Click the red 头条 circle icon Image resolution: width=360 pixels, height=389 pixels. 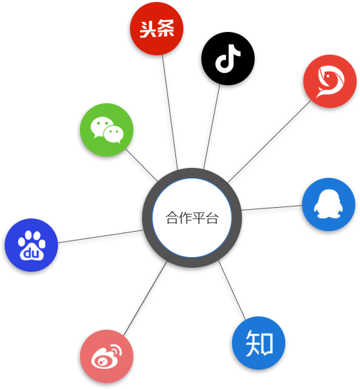(157, 29)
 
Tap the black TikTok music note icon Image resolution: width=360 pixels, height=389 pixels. (228, 59)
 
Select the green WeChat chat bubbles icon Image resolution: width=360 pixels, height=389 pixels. (107, 130)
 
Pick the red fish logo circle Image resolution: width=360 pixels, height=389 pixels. (330, 81)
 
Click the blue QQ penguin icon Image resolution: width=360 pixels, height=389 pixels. (329, 204)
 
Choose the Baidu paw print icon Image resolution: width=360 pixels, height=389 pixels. (31, 245)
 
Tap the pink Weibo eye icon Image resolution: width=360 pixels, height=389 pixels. (107, 356)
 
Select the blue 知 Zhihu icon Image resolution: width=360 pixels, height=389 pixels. (259, 343)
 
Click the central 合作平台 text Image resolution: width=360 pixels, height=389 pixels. (192, 218)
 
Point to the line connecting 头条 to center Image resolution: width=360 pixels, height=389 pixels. (170, 112)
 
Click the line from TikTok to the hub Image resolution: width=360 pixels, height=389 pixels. (211, 127)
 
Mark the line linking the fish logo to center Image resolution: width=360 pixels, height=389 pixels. (269, 141)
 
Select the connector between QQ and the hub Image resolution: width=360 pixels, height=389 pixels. (271, 208)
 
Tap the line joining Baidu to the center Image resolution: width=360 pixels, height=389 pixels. (101, 236)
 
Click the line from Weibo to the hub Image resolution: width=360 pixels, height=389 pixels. (145, 298)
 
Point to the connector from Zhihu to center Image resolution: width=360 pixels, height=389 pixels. (232, 290)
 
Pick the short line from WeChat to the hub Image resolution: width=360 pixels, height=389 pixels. (141, 165)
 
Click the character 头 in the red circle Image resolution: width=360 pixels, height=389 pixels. (147, 29)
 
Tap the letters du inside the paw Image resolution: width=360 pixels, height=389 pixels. (31, 253)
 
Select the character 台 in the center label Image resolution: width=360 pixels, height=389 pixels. (212, 218)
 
